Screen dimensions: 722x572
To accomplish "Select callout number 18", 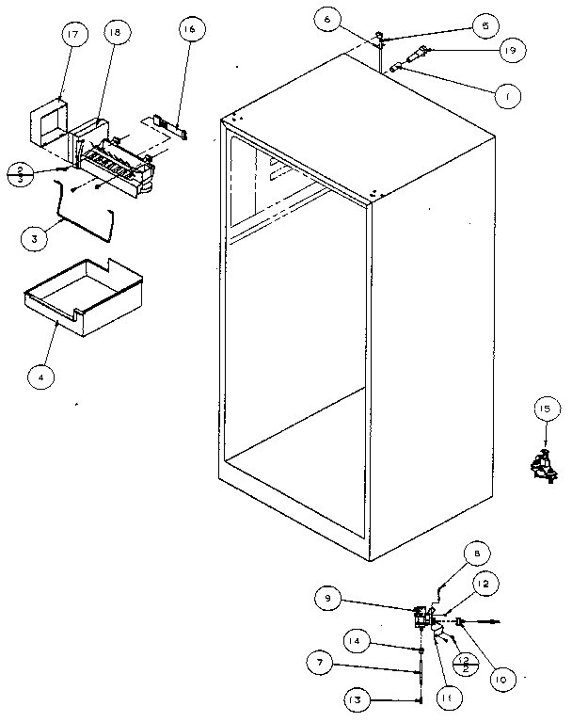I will [114, 33].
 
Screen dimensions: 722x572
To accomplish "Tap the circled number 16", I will [189, 29].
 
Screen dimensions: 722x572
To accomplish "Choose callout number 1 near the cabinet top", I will [506, 95].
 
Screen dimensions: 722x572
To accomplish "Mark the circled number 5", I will [484, 25].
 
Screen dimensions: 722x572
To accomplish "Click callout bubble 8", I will [477, 555].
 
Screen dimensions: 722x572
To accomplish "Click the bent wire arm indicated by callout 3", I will [85, 218].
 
